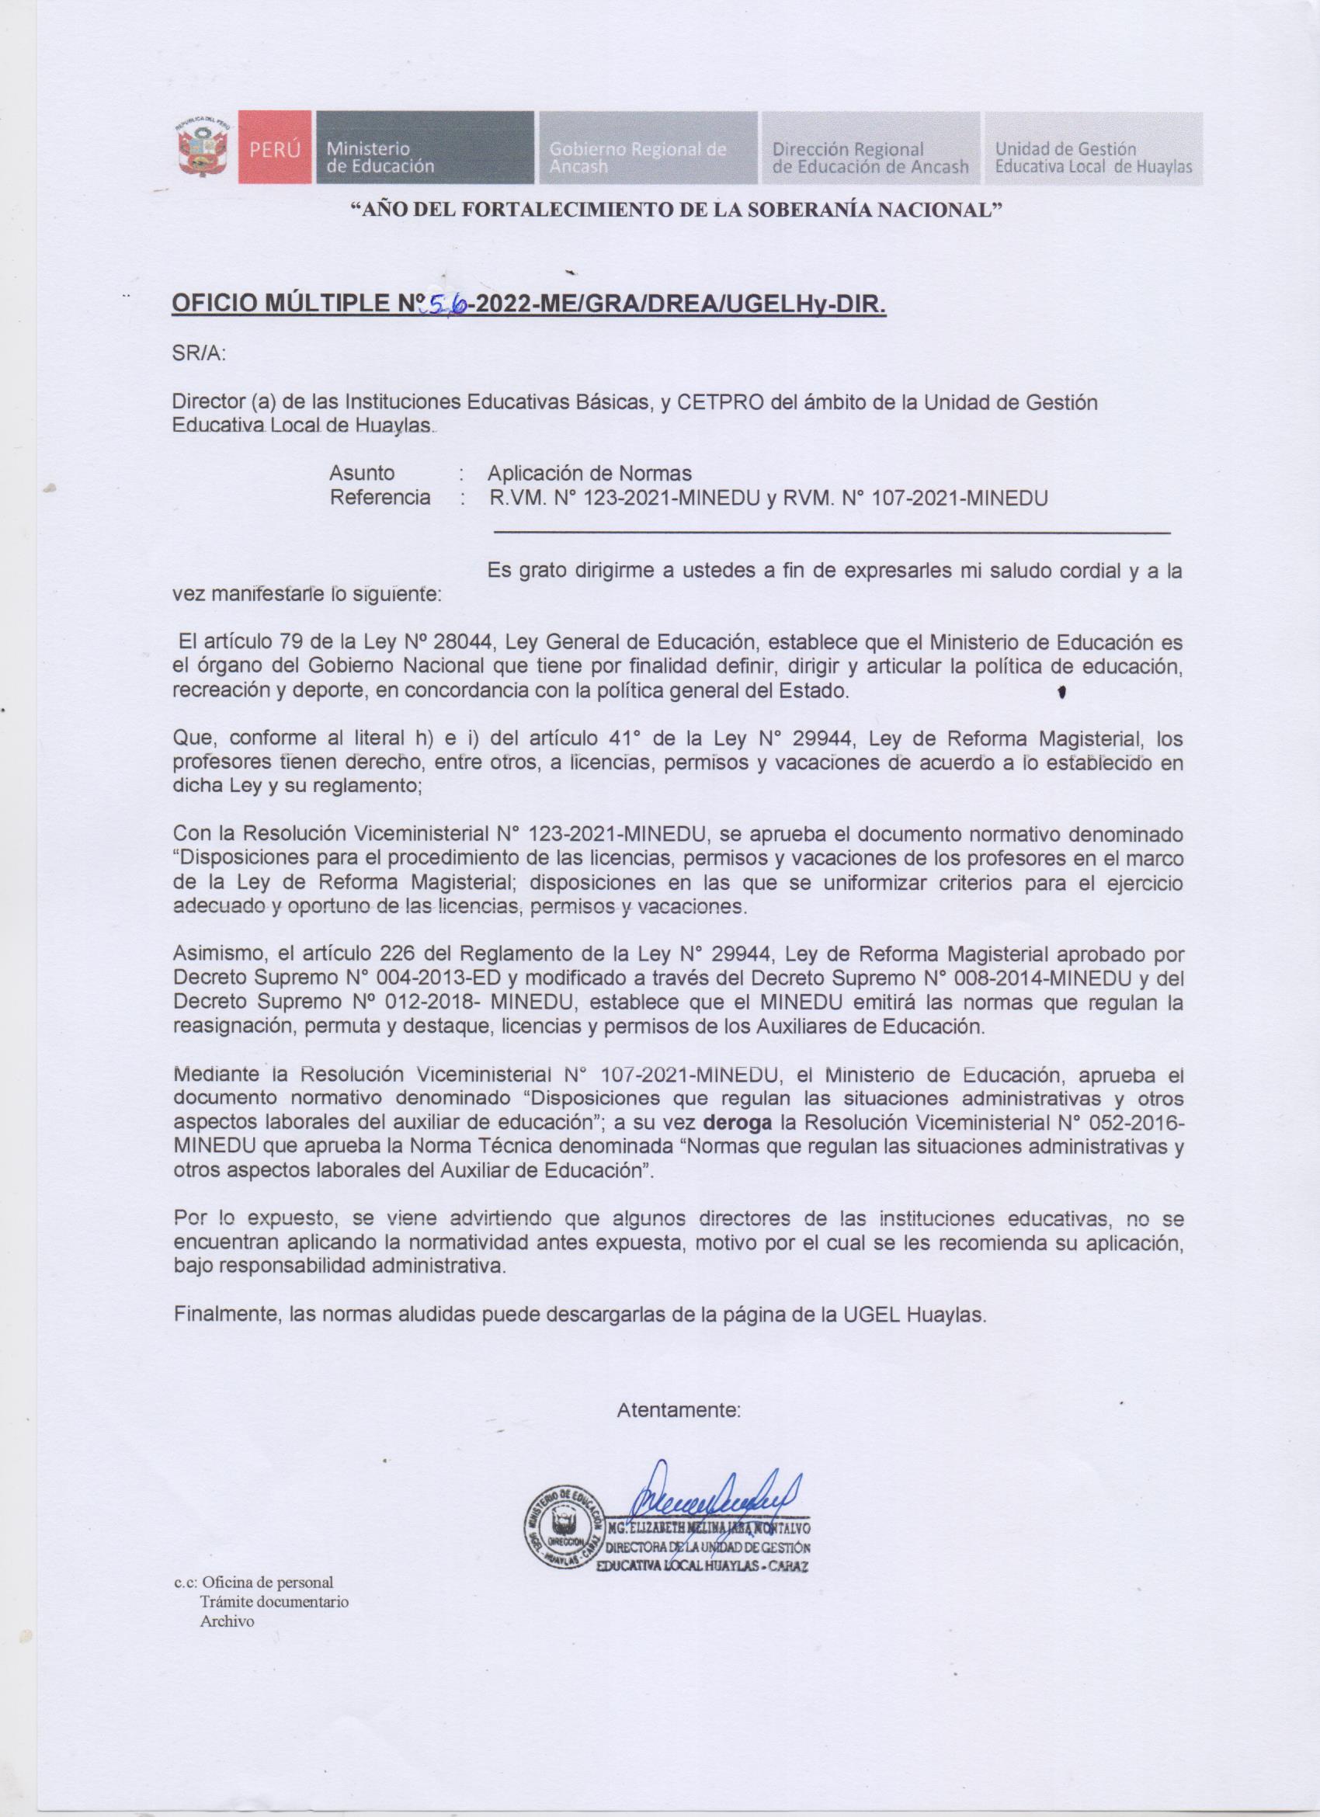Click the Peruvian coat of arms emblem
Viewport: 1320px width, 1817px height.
pos(204,148)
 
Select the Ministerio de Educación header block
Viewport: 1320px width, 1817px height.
pos(425,149)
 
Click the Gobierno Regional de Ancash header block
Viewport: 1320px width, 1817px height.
pos(647,149)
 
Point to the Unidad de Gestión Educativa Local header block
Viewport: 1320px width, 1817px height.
pos(1092,149)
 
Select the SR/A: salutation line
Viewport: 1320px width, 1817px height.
pos(200,353)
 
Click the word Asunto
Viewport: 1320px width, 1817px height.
pos(362,473)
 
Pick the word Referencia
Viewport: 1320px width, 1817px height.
pos(380,498)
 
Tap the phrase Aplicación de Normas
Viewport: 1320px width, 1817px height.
pos(589,473)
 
